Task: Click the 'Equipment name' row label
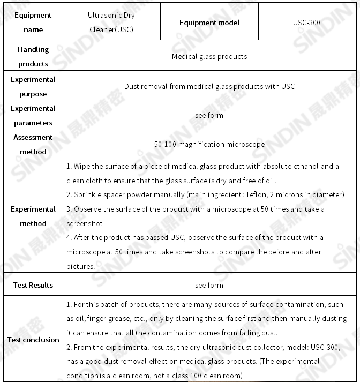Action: click(x=33, y=22)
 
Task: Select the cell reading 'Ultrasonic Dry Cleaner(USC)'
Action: click(x=111, y=22)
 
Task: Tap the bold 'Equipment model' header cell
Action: click(x=209, y=23)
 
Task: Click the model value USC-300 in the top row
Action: click(x=307, y=23)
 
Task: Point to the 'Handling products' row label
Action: click(x=33, y=56)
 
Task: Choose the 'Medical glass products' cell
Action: click(x=209, y=56)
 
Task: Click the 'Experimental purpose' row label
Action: click(x=33, y=86)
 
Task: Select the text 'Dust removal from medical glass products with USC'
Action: click(x=209, y=86)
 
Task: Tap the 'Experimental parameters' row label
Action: click(x=33, y=115)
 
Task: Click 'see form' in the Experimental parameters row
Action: click(x=209, y=115)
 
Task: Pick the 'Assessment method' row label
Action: click(x=33, y=144)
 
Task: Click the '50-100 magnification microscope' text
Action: click(x=209, y=144)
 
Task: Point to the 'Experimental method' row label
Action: click(x=33, y=216)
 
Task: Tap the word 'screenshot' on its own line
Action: click(x=84, y=223)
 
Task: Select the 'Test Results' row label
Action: click(x=33, y=285)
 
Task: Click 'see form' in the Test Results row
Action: click(x=209, y=285)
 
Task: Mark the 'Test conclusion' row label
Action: click(x=33, y=340)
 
